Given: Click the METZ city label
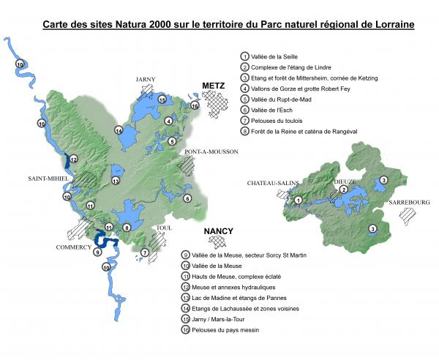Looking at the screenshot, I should [213, 86].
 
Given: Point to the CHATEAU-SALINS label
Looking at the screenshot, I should [270, 182].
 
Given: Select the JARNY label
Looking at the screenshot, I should [146, 79].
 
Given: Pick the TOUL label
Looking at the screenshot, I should [164, 228].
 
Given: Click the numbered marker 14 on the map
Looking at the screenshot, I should [118, 130].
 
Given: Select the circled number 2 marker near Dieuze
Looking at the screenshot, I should [342, 190].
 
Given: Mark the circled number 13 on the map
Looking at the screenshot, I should [114, 180].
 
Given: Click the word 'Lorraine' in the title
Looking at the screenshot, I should [392, 24].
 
